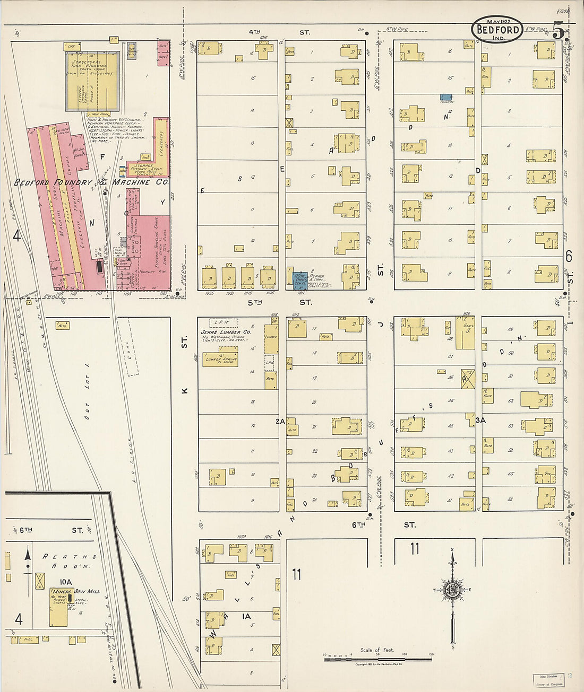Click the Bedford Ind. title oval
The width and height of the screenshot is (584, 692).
pyautogui.click(x=496, y=30)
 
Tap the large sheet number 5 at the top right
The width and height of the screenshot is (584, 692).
pyautogui.click(x=558, y=30)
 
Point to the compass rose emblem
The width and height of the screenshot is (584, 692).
pyautogui.click(x=452, y=590)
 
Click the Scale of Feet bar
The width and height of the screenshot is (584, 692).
pyautogui.click(x=377, y=659)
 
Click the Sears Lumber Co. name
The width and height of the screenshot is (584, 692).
pyautogui.click(x=225, y=332)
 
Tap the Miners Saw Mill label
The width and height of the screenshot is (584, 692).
pyautogui.click(x=74, y=591)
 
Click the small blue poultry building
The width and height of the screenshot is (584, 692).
pyautogui.click(x=446, y=97)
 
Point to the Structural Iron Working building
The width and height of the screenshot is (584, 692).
pyautogui.click(x=91, y=81)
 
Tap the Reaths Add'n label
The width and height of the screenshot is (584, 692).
pyautogui.click(x=69, y=556)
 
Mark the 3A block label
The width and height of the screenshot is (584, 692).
pyautogui.click(x=480, y=421)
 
